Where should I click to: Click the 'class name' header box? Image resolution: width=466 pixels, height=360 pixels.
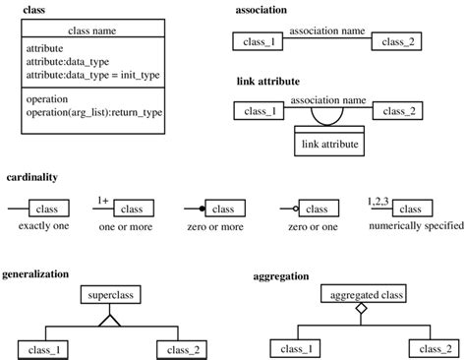click(x=92, y=30)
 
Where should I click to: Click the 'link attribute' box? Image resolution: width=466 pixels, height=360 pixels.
click(x=328, y=145)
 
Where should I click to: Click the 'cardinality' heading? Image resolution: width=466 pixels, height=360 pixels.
click(x=31, y=178)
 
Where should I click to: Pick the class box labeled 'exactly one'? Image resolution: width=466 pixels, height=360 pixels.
click(x=46, y=209)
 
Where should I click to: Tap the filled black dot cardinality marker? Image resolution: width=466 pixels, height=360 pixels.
click(x=202, y=210)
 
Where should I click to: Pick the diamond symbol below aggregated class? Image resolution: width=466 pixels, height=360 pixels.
click(x=362, y=310)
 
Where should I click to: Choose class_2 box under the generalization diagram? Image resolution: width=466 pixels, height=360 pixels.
click(x=178, y=349)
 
